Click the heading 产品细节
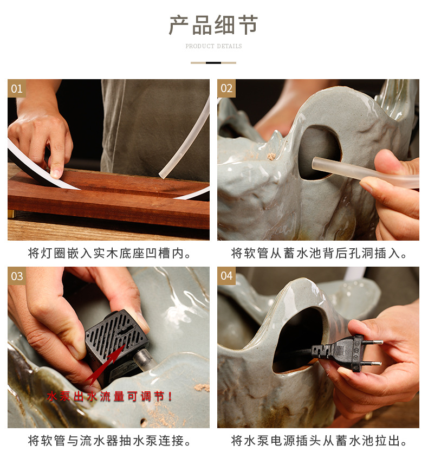[x=213, y=25]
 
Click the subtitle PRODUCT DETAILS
[x=213, y=47]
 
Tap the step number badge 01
[x=17, y=88]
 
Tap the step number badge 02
[x=226, y=88]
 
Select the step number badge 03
[x=17, y=276]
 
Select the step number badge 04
[x=226, y=276]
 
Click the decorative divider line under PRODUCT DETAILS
[x=213, y=63]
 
